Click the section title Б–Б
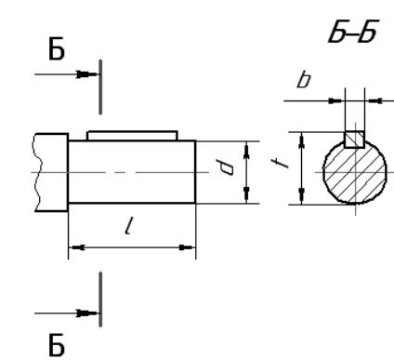click(353, 32)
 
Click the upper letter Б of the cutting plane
click(57, 48)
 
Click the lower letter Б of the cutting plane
click(57, 345)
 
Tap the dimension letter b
click(304, 79)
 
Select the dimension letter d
click(226, 167)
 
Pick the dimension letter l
click(129, 225)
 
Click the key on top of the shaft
click(132, 136)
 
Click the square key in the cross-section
click(354, 140)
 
